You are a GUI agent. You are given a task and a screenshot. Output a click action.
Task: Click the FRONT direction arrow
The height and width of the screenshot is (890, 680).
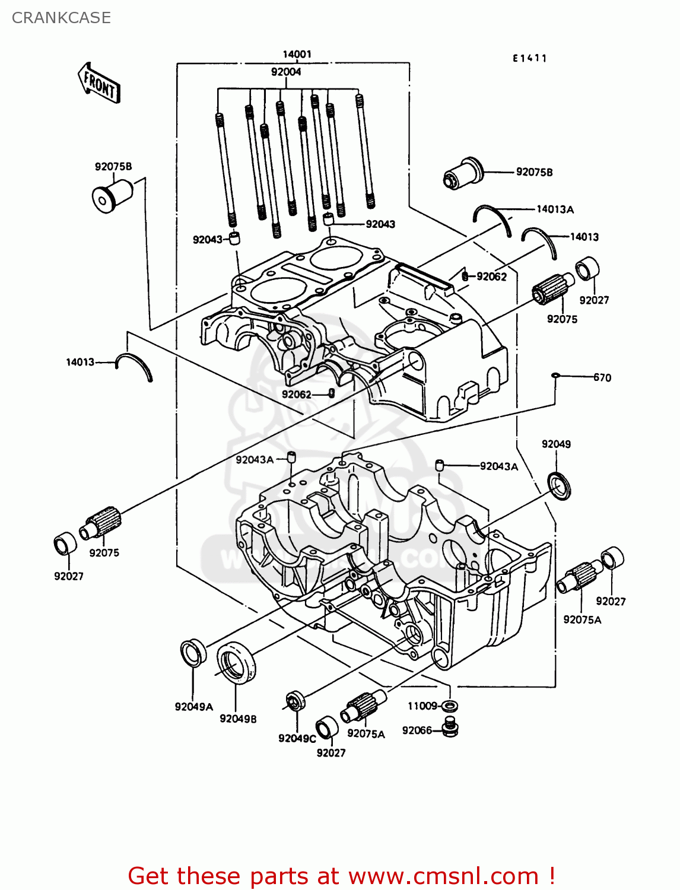(98, 84)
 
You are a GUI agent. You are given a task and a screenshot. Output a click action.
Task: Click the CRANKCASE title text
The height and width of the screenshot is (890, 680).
(61, 18)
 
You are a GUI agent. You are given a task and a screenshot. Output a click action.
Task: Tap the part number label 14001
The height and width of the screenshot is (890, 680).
(297, 55)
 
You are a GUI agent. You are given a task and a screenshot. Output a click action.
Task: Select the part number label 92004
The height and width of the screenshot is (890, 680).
(286, 72)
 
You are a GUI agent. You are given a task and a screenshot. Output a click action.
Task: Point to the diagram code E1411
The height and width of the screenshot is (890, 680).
(529, 58)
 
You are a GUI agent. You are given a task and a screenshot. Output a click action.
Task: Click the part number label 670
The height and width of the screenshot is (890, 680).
(602, 377)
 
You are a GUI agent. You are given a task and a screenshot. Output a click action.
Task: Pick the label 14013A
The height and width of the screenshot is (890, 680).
(555, 209)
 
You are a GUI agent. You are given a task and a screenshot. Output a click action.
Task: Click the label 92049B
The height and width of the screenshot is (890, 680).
(238, 719)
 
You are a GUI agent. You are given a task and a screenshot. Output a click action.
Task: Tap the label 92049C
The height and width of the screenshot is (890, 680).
(297, 738)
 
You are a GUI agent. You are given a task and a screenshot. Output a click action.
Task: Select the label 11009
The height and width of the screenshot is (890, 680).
(422, 705)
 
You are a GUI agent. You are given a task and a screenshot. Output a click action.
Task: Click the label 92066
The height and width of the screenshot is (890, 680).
(417, 730)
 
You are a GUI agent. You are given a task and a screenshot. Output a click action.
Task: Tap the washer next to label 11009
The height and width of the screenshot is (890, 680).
(450, 706)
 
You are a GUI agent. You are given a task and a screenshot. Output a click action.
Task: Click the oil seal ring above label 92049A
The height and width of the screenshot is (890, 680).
(193, 652)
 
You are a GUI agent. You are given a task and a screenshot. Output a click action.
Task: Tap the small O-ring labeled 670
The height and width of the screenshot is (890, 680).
(555, 376)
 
